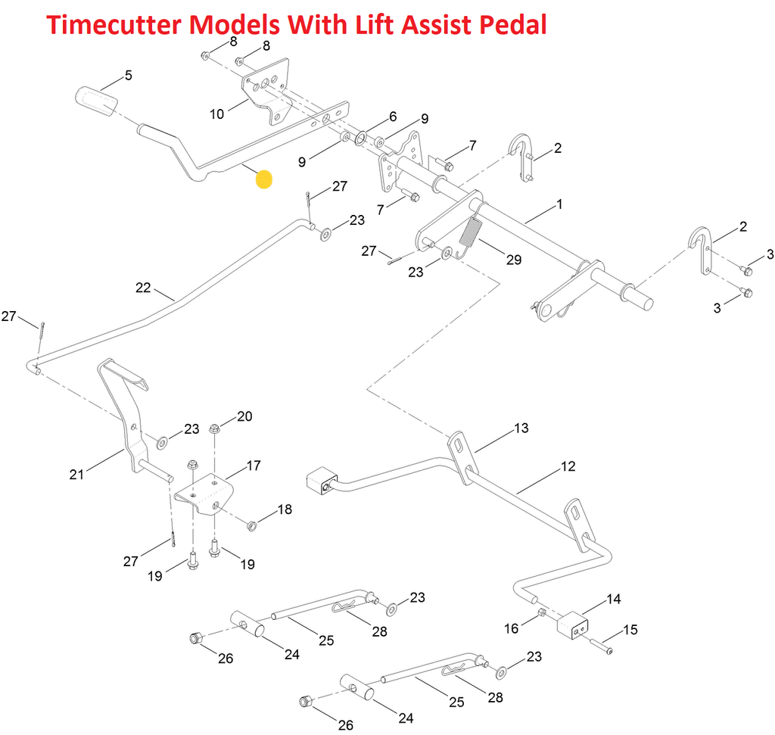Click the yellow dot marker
[x=264, y=180]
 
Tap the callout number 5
[x=128, y=75]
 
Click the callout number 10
[x=217, y=114]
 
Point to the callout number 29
[x=514, y=260]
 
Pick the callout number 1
[x=559, y=204]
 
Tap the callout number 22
[x=144, y=288]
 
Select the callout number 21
[x=76, y=475]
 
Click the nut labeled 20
[x=214, y=430]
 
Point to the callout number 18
[x=284, y=509]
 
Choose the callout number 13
[x=521, y=428]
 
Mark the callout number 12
[x=568, y=466]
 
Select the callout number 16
[x=512, y=628]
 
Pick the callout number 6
[x=393, y=117]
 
